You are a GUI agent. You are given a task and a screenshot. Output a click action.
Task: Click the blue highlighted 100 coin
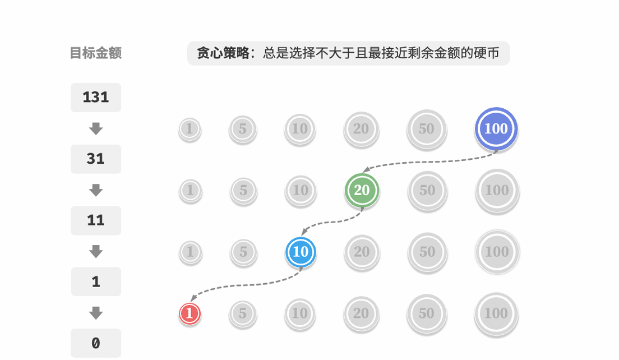pyautogui.click(x=496, y=128)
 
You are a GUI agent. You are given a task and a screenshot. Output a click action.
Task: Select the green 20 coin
pyautogui.click(x=362, y=190)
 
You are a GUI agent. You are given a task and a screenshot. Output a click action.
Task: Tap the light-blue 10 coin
pyautogui.click(x=301, y=252)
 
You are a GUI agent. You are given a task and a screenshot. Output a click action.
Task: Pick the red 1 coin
pyautogui.click(x=190, y=313)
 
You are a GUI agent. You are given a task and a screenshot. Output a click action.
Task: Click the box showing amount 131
pyautogui.click(x=96, y=98)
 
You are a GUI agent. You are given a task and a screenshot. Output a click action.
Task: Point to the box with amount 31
pyautogui.click(x=96, y=159)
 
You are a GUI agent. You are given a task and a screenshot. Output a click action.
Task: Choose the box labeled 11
pyautogui.click(x=96, y=220)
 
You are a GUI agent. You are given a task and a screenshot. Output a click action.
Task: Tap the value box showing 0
pyautogui.click(x=96, y=343)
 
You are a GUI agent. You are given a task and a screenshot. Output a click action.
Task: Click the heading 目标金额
pyautogui.click(x=96, y=53)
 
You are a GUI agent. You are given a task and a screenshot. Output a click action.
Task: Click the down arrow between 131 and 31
pyautogui.click(x=96, y=128)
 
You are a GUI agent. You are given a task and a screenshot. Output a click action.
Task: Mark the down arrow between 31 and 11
pyautogui.click(x=96, y=190)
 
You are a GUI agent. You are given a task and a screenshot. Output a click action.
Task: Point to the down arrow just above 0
pyautogui.click(x=96, y=312)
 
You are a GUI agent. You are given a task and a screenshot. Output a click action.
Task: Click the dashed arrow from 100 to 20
pyautogui.click(x=429, y=161)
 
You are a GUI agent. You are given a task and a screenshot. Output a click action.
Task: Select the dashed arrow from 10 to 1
pyautogui.click(x=247, y=285)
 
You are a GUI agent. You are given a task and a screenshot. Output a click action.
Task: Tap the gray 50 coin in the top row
pyautogui.click(x=426, y=128)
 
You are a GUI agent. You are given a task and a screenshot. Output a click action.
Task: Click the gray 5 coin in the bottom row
pyautogui.click(x=242, y=313)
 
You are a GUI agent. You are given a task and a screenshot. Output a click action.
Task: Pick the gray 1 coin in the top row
pyautogui.click(x=190, y=129)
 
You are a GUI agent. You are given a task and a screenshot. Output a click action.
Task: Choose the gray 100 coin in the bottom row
pyautogui.click(x=496, y=313)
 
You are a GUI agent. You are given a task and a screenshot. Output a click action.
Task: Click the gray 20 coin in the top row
pyautogui.click(x=361, y=128)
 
